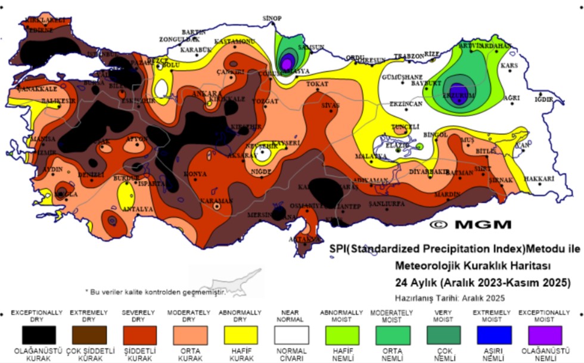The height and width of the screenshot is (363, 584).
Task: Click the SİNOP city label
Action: point(272,18)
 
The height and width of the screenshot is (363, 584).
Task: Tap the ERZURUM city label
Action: point(458,94)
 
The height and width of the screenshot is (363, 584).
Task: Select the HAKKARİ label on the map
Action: point(539,178)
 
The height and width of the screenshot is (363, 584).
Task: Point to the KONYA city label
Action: point(195,174)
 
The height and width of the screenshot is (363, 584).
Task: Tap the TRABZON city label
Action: point(408,56)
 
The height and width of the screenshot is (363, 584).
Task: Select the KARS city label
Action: point(510,65)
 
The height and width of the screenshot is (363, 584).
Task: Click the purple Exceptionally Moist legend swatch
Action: point(543,334)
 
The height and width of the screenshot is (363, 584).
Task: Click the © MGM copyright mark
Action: point(470,225)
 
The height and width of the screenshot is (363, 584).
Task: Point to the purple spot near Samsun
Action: point(287,61)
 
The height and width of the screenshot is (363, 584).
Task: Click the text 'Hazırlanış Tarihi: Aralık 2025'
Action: point(450,297)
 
